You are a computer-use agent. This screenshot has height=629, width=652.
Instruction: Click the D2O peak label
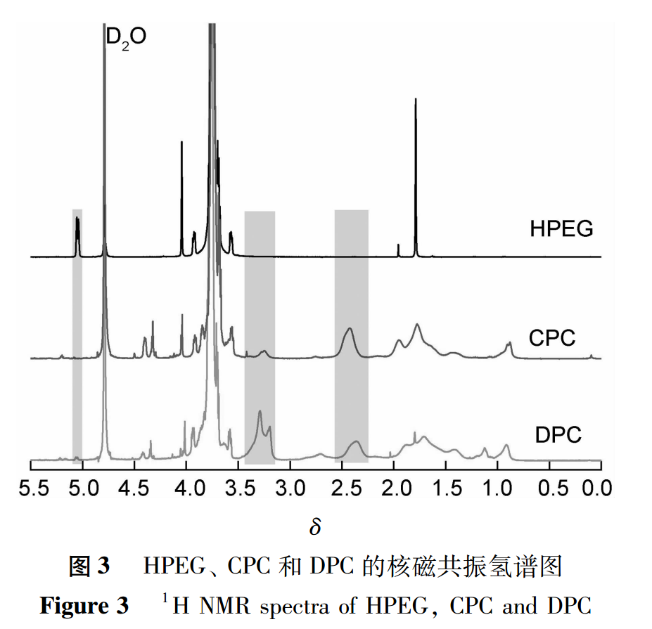click(x=126, y=37)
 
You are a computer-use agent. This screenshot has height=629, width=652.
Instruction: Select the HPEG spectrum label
click(x=561, y=229)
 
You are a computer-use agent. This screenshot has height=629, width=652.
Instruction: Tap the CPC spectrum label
click(x=552, y=338)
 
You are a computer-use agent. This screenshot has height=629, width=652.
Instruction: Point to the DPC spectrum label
click(x=558, y=434)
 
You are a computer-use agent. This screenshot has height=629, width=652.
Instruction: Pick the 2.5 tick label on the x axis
click(x=343, y=487)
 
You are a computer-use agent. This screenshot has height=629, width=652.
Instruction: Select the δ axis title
click(x=314, y=526)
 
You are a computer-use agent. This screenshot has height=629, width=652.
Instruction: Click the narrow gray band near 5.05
click(x=77, y=337)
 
